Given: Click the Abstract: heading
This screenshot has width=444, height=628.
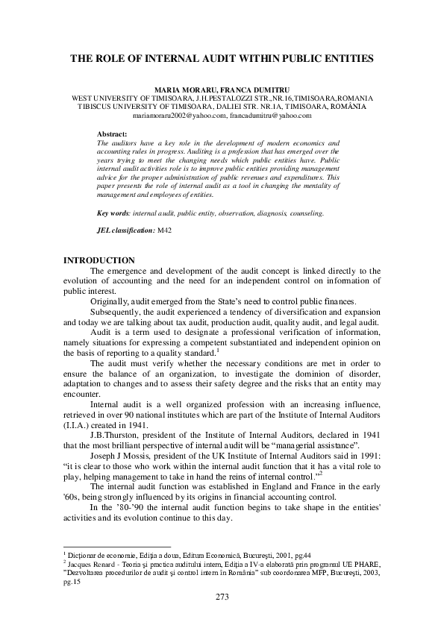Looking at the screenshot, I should pyautogui.click(x=113, y=134).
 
